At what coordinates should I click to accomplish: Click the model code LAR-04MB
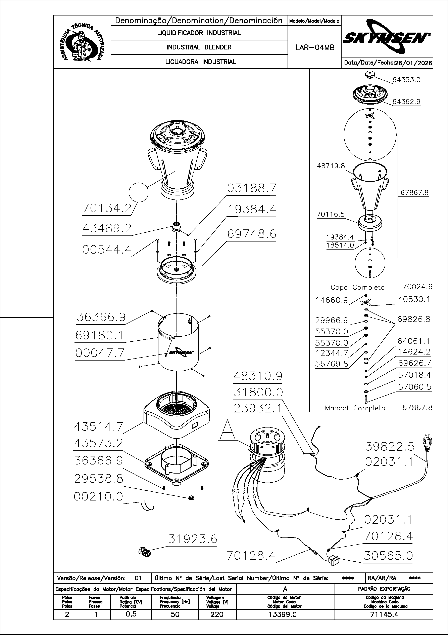click(x=315, y=48)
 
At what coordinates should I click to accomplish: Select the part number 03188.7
click(x=251, y=188)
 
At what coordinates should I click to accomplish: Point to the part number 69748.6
click(x=251, y=234)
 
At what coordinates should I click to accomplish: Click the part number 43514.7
click(x=98, y=427)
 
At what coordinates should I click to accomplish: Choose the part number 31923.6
click(x=193, y=539)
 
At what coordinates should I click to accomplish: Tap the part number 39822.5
click(x=389, y=446)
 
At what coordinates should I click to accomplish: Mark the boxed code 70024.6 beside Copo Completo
click(x=417, y=287)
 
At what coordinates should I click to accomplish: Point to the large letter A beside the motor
click(x=227, y=430)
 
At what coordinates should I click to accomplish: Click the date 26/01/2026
click(x=413, y=63)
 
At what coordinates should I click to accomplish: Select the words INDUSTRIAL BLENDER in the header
click(x=199, y=47)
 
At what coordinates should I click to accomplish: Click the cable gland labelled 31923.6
click(x=145, y=553)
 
